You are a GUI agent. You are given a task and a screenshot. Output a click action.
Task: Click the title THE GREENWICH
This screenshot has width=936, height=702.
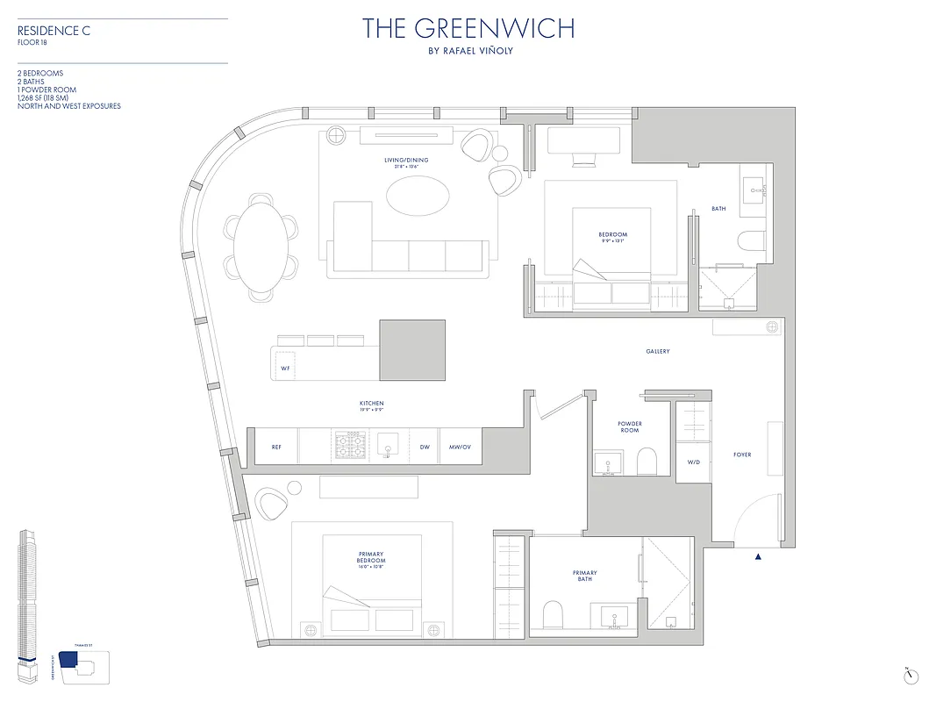pos(468,28)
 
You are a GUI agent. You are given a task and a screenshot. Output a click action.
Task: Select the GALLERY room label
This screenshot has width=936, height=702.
pos(657,352)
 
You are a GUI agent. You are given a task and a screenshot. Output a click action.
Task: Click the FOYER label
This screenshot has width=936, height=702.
pos(742,455)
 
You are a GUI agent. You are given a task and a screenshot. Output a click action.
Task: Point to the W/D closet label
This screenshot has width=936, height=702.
pos(693,462)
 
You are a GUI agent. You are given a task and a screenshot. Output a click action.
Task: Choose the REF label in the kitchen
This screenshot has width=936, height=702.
pos(276,447)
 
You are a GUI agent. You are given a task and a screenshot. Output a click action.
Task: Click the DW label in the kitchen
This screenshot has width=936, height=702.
pos(425,447)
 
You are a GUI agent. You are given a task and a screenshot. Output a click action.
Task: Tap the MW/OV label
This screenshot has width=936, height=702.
pos(461,447)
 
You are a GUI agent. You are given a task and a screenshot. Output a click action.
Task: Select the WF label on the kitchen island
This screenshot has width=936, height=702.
pos(285,369)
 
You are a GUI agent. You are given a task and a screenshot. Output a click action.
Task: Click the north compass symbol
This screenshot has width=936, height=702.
pos(912,676)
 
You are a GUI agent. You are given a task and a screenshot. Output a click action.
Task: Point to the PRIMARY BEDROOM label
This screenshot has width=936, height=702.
pos(371,560)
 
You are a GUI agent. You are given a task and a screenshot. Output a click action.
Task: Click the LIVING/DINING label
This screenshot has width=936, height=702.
pos(407,161)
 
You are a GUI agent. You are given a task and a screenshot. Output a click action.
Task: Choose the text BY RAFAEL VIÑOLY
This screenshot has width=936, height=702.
pos(468,51)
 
